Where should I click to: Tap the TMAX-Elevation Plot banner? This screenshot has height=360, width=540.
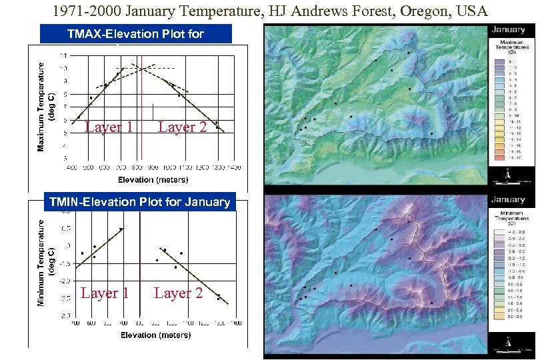pos(135,33)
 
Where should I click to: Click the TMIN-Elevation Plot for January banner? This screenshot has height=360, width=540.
pos(139,201)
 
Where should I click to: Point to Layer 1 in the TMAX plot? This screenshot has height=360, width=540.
pos(109,127)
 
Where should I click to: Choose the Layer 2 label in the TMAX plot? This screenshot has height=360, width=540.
pos(182,127)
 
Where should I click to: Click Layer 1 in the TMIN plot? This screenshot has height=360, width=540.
pos(105,293)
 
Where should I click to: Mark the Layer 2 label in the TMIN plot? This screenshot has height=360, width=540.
pos(178,293)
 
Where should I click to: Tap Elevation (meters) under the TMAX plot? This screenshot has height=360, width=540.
pos(153,179)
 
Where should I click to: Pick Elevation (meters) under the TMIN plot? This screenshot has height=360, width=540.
pos(155,335)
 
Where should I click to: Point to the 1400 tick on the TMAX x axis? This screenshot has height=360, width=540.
pos(235,167)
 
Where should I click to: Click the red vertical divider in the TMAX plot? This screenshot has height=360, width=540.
pos(141,107)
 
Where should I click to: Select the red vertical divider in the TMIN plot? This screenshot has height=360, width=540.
pos(141,267)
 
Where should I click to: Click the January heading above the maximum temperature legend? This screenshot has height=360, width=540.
pos(509,30)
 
